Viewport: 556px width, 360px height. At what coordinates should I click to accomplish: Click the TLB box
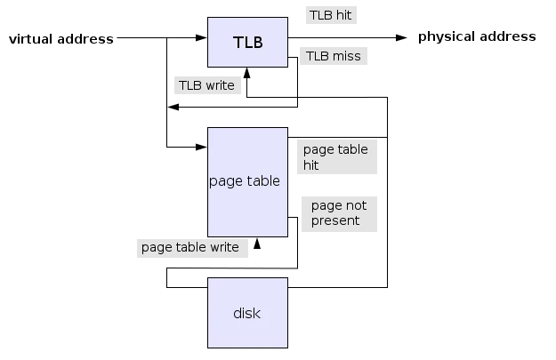[x=247, y=42]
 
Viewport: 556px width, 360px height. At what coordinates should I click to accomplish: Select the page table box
[x=247, y=182]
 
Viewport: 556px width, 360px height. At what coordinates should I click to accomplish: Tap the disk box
[x=247, y=313]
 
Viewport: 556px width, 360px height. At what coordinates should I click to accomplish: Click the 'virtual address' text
[x=61, y=38]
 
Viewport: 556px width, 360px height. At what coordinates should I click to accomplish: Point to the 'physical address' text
[x=477, y=36]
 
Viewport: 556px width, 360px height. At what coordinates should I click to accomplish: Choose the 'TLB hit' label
[x=331, y=15]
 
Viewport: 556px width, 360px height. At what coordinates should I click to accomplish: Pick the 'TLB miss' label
[x=334, y=56]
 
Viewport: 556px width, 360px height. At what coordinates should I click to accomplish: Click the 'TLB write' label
[x=207, y=85]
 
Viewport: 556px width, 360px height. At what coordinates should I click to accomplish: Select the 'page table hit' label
[x=337, y=157]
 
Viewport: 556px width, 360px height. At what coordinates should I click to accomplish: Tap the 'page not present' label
[x=339, y=214]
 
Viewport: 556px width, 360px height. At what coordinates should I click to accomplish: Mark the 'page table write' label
[x=192, y=247]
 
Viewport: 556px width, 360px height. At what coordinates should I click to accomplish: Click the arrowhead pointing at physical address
[x=401, y=37]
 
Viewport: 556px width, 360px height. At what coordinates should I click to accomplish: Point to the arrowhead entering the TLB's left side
[x=201, y=37]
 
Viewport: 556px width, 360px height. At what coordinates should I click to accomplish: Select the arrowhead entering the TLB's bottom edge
[x=246, y=73]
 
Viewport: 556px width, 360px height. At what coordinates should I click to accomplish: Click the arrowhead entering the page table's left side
[x=201, y=147]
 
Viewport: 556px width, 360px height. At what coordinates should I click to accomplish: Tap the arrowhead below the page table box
[x=257, y=244]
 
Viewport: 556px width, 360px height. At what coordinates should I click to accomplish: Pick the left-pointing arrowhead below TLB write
[x=173, y=107]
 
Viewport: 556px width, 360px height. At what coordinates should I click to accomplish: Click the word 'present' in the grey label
[x=335, y=221]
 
